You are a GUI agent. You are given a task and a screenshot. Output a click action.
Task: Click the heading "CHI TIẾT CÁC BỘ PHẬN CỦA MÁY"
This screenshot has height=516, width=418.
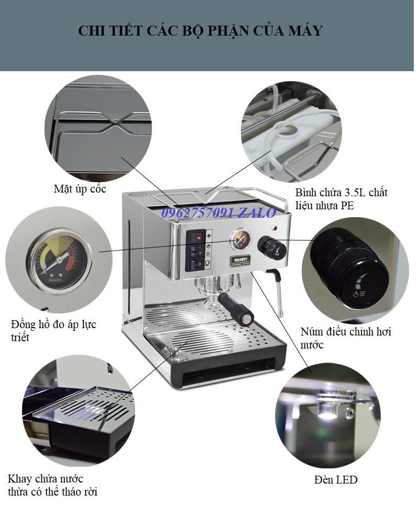(x=200, y=31)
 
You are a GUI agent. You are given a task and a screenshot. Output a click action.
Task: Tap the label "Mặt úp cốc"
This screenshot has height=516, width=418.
(x=80, y=189)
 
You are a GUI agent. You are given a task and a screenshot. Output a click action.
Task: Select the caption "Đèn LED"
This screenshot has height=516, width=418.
(x=336, y=479)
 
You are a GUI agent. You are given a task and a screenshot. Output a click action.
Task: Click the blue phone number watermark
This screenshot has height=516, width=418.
(x=218, y=213)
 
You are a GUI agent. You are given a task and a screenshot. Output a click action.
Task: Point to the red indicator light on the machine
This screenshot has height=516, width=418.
(x=274, y=228)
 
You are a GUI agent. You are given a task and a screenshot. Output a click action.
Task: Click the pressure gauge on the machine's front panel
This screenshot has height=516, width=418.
(x=241, y=240)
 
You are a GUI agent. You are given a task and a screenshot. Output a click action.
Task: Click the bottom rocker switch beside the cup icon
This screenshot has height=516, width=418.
(x=196, y=264)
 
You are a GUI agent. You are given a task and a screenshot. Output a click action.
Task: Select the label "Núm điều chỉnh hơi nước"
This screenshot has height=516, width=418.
(x=346, y=338)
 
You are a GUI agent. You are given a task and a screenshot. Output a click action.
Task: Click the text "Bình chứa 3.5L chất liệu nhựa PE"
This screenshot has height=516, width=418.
(x=341, y=198)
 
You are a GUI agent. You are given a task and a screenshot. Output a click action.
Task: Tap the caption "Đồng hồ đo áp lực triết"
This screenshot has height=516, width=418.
(x=53, y=331)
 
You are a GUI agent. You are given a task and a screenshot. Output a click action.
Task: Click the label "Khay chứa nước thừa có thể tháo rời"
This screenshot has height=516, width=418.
(x=52, y=486)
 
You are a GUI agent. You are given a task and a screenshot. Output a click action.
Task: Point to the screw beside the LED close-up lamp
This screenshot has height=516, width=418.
(x=351, y=411)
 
